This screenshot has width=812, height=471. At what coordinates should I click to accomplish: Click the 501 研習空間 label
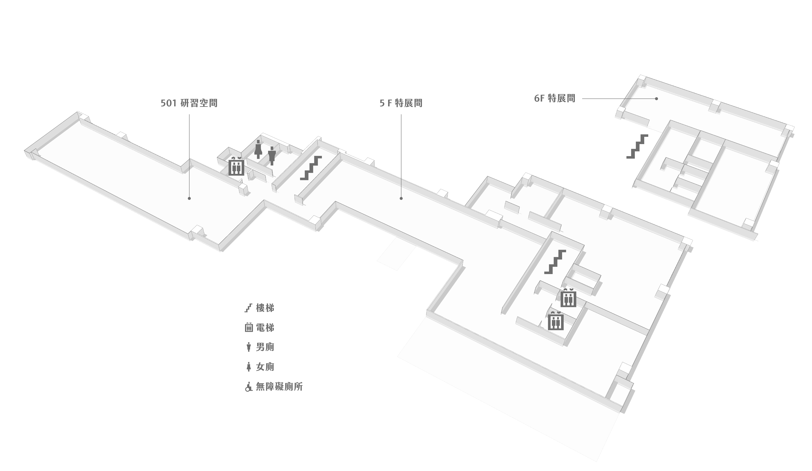point(189,103)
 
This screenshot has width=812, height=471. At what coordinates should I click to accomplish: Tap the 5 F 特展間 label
point(401,103)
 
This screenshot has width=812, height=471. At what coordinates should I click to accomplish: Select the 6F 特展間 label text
point(555,98)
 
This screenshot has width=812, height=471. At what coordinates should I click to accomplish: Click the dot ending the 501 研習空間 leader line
point(189,198)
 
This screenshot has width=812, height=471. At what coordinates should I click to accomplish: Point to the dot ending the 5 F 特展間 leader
point(401,198)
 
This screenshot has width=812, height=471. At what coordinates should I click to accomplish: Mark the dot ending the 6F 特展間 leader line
point(656,99)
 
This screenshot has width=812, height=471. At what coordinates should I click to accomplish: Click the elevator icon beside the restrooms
point(236,167)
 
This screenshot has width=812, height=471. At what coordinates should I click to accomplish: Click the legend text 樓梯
point(265,308)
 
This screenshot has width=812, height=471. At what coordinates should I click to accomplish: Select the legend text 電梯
point(265,328)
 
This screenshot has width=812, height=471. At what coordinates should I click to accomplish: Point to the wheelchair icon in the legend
point(248,387)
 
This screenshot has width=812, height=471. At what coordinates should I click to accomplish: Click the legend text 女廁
point(265,367)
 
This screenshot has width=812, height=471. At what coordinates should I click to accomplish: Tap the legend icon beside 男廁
point(248,347)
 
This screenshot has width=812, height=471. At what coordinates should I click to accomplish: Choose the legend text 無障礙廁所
point(279,387)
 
